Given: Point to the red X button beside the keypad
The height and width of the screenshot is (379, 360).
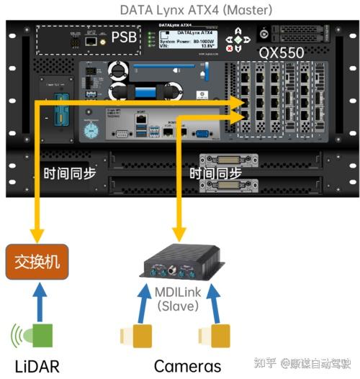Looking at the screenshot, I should pos(230,48).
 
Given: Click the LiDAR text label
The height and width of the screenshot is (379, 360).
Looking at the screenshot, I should pos(33,365).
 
